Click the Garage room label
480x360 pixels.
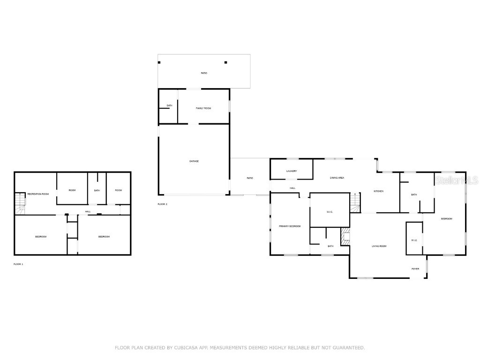194,161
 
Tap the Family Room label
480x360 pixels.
203,108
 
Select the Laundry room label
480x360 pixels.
292,171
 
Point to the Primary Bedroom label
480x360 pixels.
290,226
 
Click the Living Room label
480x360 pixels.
379,246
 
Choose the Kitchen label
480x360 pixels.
379,191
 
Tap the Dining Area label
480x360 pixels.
337,178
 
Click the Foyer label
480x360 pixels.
415,269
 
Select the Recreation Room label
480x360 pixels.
38,194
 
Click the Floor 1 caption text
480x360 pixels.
18,264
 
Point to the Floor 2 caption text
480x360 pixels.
163,204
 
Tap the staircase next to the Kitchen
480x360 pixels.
356,202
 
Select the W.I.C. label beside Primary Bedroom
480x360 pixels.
330,212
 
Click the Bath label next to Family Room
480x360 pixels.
170,105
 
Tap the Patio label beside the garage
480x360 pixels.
250,178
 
